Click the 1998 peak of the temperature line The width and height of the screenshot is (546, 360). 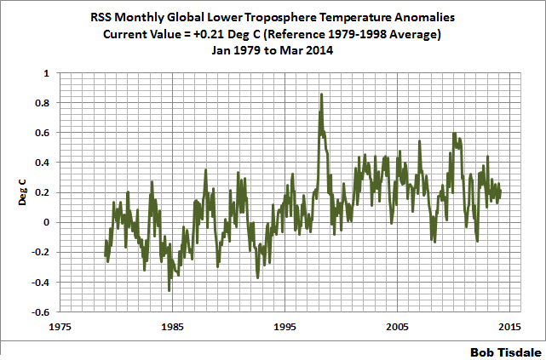tap(321, 94)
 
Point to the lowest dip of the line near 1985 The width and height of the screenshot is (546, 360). tap(169, 290)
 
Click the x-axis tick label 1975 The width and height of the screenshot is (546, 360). tap(60, 326)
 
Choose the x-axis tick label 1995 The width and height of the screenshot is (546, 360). tap(284, 326)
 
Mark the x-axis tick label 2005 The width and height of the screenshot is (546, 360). tap(397, 326)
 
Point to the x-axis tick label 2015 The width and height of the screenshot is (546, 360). tap(509, 326)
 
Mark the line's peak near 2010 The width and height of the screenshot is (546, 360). tap(454, 134)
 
